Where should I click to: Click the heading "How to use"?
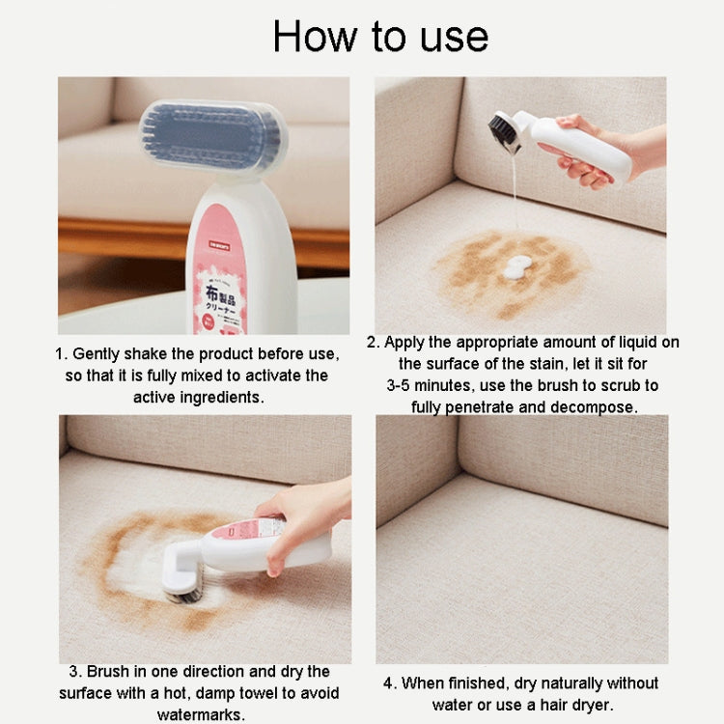(x=380, y=37)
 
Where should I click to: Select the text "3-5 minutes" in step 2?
(x=432, y=385)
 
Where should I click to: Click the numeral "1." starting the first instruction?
(x=61, y=353)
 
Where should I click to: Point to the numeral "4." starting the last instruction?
(x=390, y=683)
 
